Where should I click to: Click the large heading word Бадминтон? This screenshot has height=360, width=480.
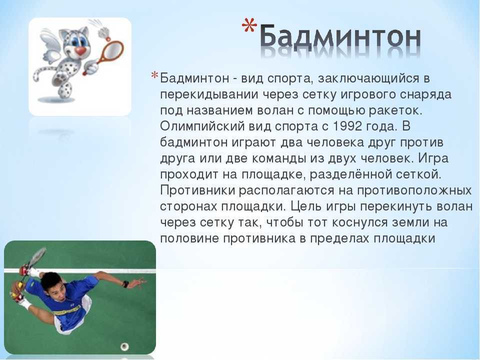pos(340,38)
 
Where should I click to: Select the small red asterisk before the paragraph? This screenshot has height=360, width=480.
pos(154,75)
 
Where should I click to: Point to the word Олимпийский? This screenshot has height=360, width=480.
pos(202,126)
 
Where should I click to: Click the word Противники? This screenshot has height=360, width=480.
pos(197,190)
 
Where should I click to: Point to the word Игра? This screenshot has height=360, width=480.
pos(433,158)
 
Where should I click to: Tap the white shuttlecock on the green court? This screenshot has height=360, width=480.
pos(124,347)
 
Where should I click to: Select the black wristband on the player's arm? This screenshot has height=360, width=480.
pos(125,284)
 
